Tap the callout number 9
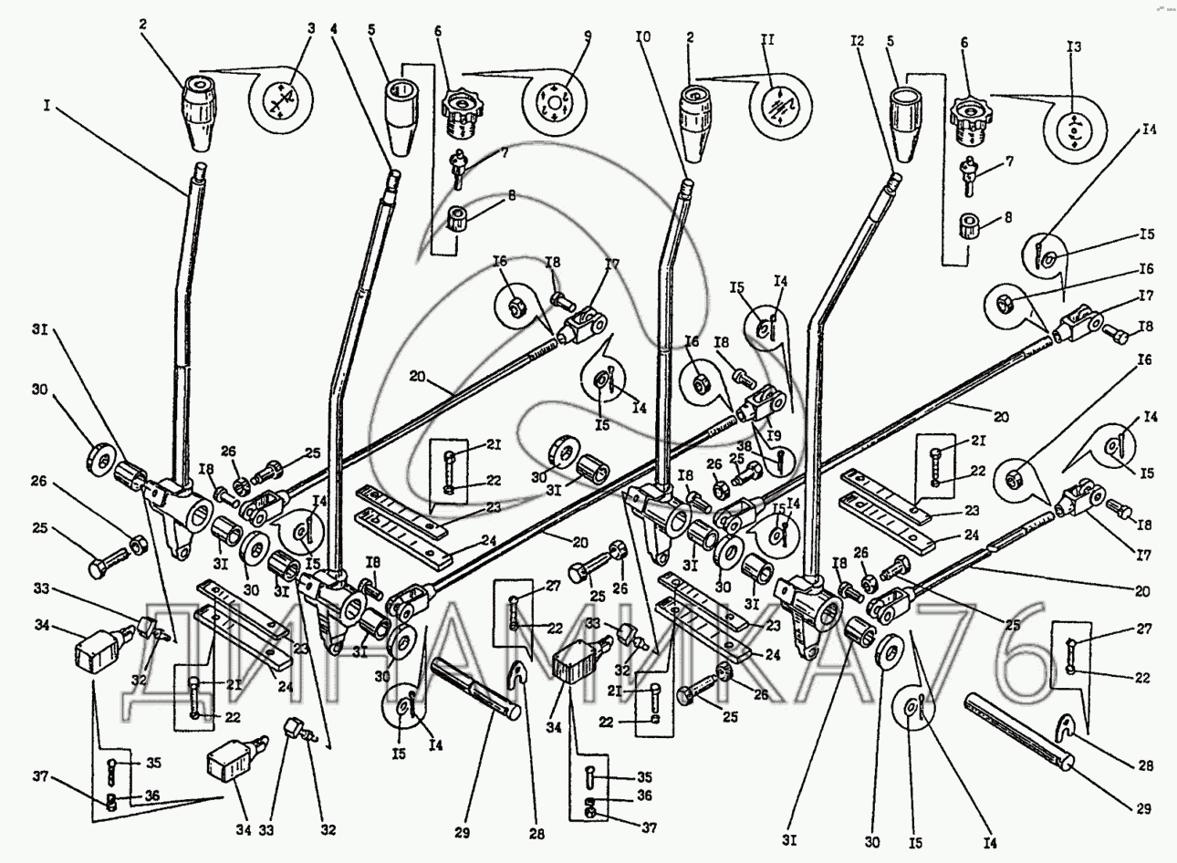(x=588, y=38)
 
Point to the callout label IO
(x=643, y=39)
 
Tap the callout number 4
(x=335, y=28)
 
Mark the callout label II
(x=766, y=42)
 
